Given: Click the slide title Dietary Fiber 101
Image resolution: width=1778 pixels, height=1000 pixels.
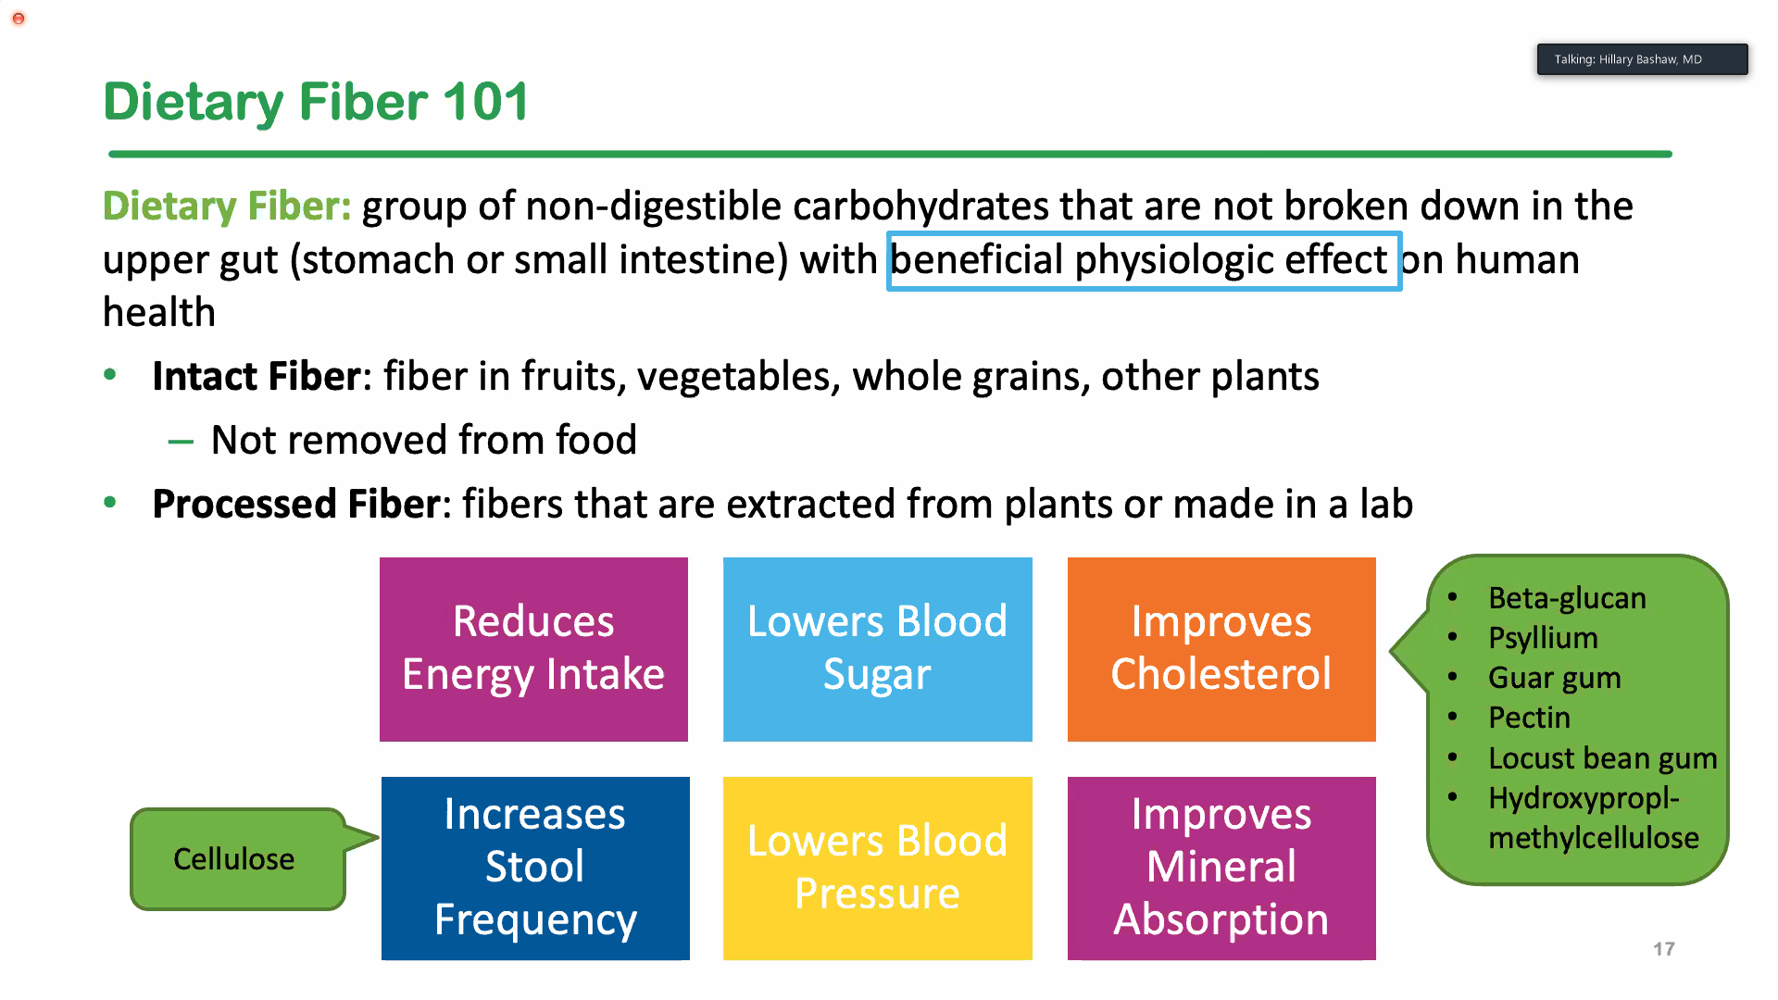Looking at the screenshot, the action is (316, 102).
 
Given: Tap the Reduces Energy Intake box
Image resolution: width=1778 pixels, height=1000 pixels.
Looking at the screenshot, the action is (533, 649).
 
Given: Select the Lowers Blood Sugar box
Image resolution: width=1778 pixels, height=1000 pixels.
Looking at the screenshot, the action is (877, 649).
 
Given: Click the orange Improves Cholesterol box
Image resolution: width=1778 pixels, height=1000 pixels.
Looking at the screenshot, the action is (1221, 649).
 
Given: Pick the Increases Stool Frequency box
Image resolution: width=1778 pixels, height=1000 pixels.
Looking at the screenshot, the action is (535, 869).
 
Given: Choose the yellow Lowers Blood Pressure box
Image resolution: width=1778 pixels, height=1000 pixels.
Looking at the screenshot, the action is (877, 869).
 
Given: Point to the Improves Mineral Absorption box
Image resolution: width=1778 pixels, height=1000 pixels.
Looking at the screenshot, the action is (1221, 869).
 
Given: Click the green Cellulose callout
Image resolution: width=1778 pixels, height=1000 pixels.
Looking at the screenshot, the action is (238, 859).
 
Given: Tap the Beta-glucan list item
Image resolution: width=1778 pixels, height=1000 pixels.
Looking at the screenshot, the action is (1567, 598).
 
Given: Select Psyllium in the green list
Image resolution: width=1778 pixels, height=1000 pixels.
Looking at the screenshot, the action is (1543, 638).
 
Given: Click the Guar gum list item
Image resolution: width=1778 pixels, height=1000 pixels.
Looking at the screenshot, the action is (1555, 678).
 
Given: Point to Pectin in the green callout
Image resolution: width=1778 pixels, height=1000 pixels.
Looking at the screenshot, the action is (1529, 718).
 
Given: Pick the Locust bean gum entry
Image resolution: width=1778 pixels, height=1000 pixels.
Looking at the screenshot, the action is (1603, 758).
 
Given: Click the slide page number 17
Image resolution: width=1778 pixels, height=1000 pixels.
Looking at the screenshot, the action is (1664, 949).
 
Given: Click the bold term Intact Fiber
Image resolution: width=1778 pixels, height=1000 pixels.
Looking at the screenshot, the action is (257, 377).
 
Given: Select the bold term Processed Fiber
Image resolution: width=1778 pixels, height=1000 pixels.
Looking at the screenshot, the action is (295, 505).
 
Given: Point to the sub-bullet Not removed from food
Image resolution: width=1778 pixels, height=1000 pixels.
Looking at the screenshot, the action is (424, 440).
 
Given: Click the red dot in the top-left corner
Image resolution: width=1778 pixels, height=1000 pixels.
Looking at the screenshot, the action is (19, 19).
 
